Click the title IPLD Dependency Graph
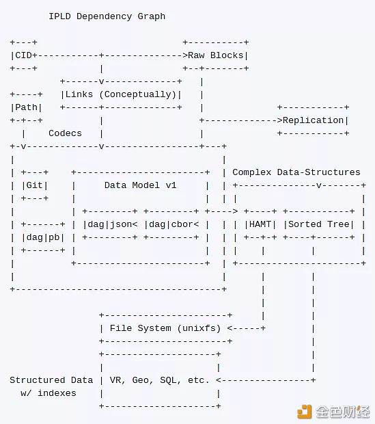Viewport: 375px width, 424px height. click(107, 16)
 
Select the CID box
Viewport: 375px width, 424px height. click(23, 55)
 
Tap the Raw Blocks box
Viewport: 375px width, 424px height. click(216, 55)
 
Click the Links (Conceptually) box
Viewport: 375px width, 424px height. click(121, 94)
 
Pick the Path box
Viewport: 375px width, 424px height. click(26, 107)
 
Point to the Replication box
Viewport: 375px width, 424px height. click(314, 120)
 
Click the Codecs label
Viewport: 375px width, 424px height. click(65, 133)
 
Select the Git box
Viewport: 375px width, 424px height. click(35, 185)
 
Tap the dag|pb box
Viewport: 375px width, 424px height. click(43, 237)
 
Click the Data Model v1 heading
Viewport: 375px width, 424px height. click(140, 185)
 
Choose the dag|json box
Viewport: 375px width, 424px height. click(110, 224)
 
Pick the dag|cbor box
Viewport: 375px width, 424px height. click(171, 224)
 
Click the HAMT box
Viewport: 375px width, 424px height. click(260, 224)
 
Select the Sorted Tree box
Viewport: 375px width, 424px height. click(319, 224)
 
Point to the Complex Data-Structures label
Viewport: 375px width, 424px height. click(296, 172)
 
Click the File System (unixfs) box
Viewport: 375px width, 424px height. click(165, 328)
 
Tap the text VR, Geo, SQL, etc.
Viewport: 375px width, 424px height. click(160, 380)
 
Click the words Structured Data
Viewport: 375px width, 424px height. click(51, 380)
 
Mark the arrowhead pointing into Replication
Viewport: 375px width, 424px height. click(279, 120)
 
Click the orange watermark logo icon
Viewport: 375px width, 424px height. click(304, 412)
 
